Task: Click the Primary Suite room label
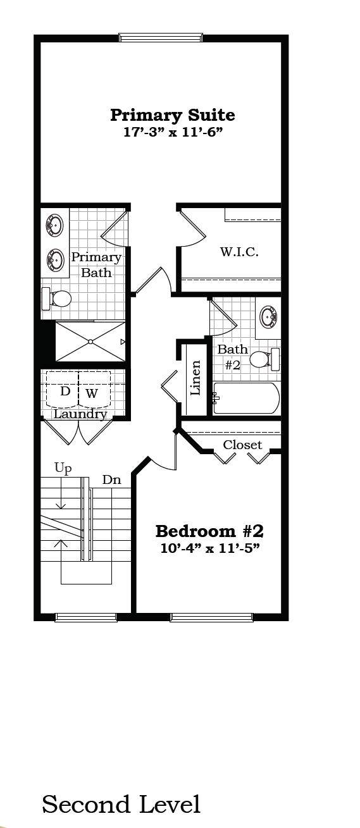click(172, 115)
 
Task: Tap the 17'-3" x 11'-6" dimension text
click(172, 132)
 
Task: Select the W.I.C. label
click(239, 251)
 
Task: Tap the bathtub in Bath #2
click(246, 398)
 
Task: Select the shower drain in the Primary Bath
click(90, 342)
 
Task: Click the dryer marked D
click(65, 392)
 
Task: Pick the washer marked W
click(92, 393)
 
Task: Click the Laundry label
click(80, 414)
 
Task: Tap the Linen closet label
click(196, 378)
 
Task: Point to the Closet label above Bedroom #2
click(242, 445)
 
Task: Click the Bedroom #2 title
click(209, 530)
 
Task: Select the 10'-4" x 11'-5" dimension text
click(210, 547)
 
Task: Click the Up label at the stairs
click(63, 468)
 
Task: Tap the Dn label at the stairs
click(111, 480)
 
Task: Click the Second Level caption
click(121, 805)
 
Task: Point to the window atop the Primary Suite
click(161, 38)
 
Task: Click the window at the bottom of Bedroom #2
click(211, 617)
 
